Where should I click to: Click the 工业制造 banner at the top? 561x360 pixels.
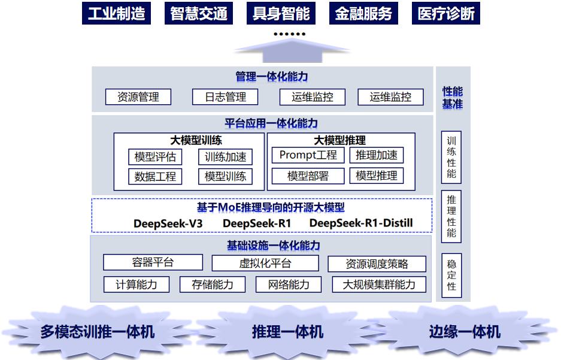click(116, 13)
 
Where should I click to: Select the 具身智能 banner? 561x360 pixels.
click(281, 13)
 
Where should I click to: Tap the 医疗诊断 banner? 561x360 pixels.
click(446, 13)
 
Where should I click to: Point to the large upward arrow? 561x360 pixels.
click(292, 51)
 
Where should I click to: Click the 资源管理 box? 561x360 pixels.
click(138, 97)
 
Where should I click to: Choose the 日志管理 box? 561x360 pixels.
click(225, 97)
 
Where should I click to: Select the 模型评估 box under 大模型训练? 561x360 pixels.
click(155, 157)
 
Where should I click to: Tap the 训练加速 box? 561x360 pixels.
click(225, 157)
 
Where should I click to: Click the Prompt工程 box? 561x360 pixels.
click(308, 155)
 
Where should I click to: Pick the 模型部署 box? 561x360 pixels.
click(308, 176)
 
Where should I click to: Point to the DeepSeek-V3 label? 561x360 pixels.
click(168, 223)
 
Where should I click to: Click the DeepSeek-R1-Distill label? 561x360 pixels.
click(361, 223)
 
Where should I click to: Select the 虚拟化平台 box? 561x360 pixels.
click(265, 264)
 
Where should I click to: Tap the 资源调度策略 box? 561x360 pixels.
click(377, 264)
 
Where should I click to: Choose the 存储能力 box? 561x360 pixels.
click(213, 285)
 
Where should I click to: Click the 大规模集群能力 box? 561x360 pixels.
click(379, 285)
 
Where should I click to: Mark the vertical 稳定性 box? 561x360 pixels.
click(451, 275)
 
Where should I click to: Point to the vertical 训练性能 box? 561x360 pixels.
click(451, 158)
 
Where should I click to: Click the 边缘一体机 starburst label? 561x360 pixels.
click(465, 332)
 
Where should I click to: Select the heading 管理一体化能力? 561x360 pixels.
click(272, 77)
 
